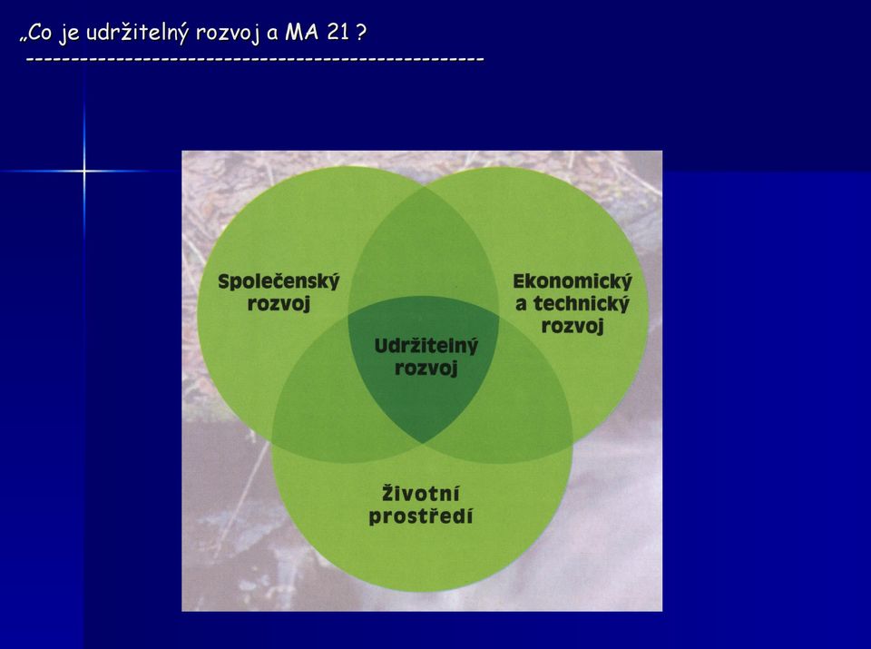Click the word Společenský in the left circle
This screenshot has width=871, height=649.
[x=279, y=281]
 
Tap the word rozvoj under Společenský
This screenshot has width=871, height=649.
[x=279, y=304]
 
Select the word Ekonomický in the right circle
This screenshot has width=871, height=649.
[x=573, y=281]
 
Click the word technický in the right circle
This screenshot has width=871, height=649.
[x=581, y=304]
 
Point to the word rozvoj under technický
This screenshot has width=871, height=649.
[x=573, y=326]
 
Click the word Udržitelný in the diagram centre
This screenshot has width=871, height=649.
[x=426, y=346]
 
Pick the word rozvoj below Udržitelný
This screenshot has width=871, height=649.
[x=426, y=369]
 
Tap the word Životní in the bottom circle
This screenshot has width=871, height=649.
[x=420, y=494]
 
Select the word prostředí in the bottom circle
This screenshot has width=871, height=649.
[x=420, y=516]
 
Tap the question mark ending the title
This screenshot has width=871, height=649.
[x=361, y=33]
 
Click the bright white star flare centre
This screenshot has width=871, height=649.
[x=84, y=172]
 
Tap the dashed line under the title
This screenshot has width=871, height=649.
[x=255, y=58]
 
